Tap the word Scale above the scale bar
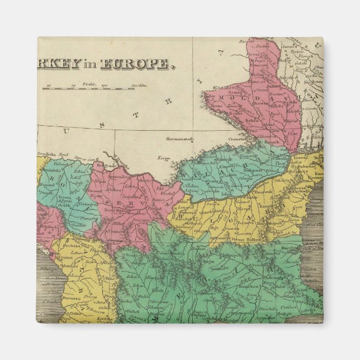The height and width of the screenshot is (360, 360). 88,83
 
